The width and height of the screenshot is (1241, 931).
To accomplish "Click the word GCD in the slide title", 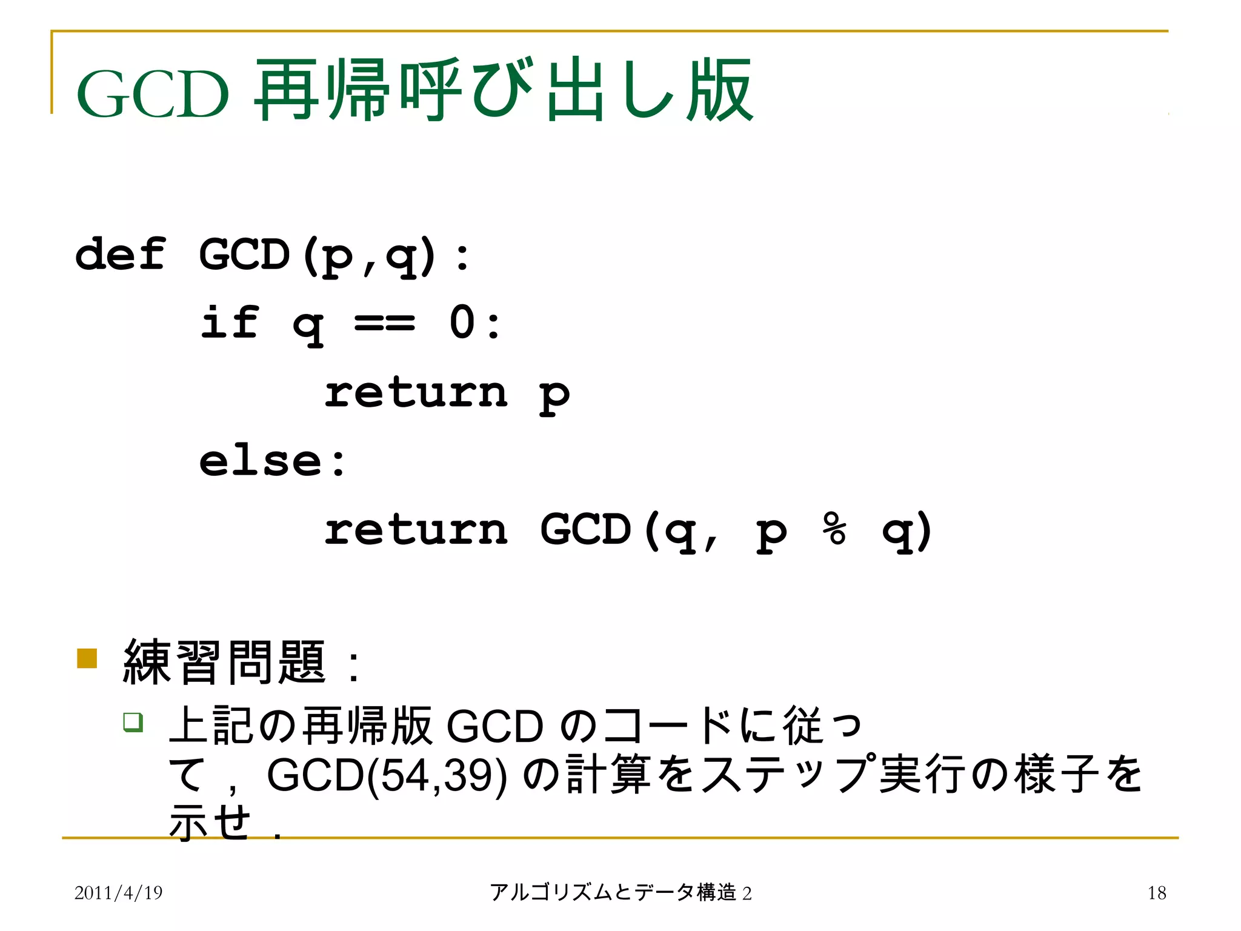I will pos(153,94).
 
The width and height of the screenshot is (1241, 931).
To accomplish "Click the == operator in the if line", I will pos(385,322).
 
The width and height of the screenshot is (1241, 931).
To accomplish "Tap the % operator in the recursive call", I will pos(834,529).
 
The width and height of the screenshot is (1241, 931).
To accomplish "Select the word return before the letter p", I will pos(416,392).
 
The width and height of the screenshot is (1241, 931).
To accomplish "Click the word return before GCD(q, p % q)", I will pos(416,529).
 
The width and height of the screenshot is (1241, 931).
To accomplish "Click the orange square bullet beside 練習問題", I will pos(87,658).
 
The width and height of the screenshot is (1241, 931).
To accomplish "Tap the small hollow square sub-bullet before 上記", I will pos(133,722).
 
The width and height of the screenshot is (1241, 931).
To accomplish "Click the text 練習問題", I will pos(224,662).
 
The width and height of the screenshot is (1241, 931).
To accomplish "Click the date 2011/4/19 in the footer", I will pos(118,892).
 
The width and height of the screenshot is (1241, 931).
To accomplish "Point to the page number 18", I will pos(1156,892).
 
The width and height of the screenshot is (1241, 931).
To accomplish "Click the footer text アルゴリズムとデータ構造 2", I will pos(620,892).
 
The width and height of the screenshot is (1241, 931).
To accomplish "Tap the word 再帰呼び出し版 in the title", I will pos(503,91).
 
